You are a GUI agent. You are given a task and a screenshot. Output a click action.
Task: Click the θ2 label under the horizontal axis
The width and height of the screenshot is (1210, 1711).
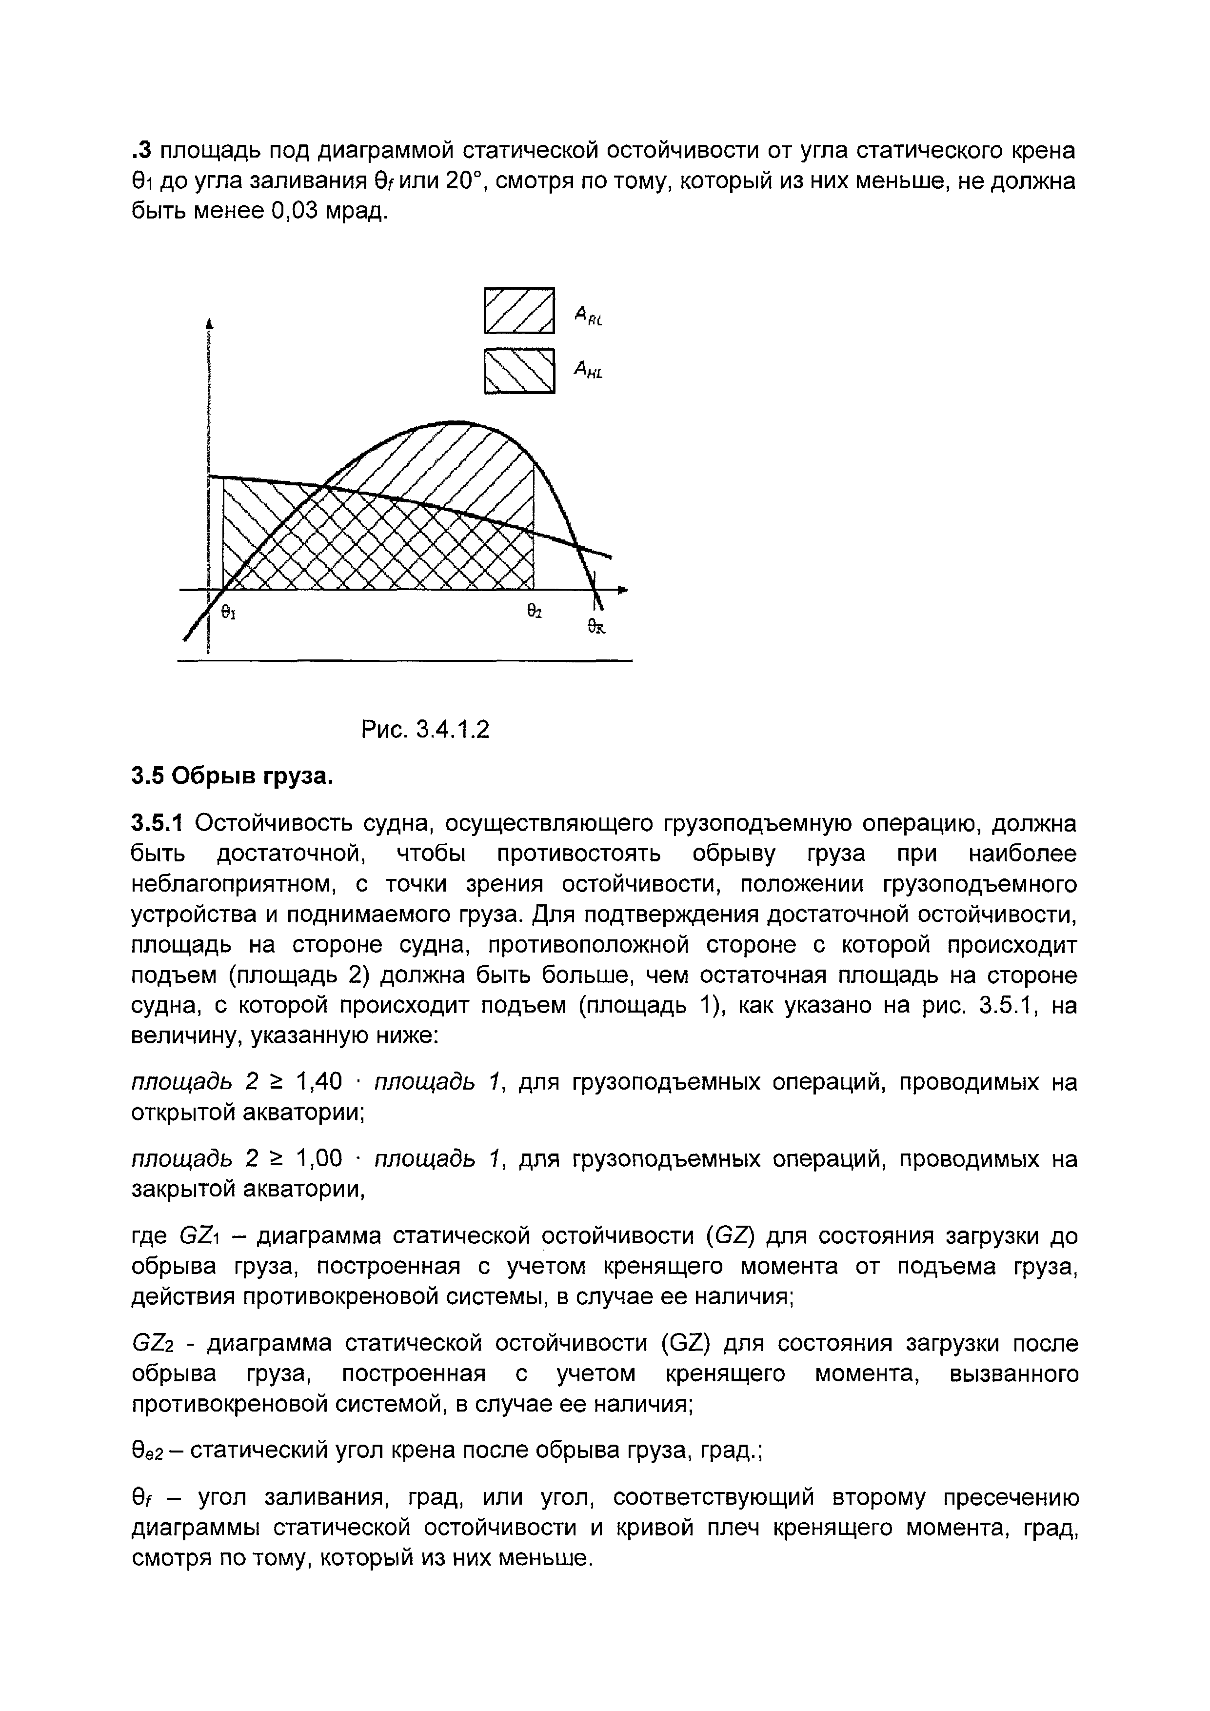(x=534, y=611)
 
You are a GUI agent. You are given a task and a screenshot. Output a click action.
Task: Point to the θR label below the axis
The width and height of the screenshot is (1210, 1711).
(x=596, y=627)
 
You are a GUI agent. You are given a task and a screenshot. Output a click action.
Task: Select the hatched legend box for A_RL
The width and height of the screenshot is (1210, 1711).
(x=519, y=310)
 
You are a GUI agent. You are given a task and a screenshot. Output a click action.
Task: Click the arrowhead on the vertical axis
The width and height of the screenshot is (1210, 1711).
(x=210, y=323)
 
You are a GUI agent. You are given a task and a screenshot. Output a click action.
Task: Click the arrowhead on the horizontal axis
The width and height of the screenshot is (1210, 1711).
(x=623, y=590)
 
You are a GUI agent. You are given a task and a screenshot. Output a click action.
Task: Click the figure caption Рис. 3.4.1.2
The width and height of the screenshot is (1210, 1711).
(x=425, y=729)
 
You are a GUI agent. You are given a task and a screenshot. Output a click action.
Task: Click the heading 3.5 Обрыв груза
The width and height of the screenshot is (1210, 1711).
(x=232, y=776)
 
